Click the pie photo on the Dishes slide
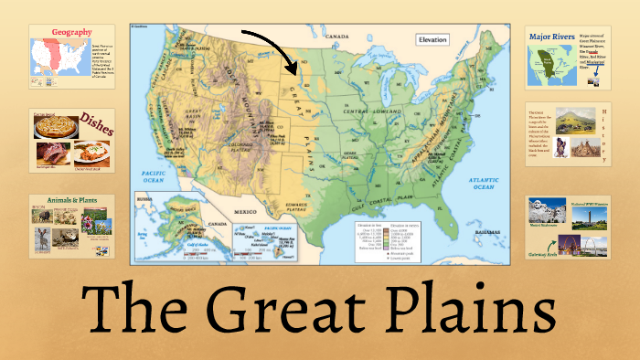click(51, 129)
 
